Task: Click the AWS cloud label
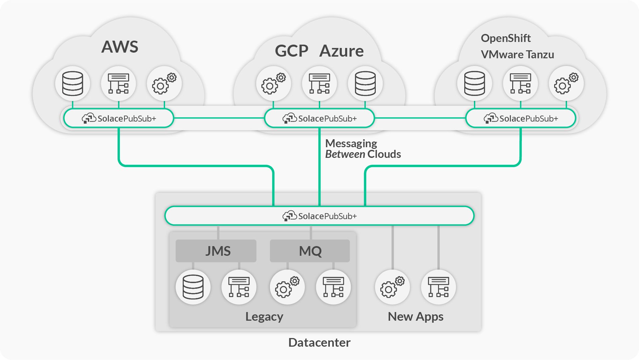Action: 119,47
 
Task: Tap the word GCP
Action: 292,51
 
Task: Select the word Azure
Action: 341,51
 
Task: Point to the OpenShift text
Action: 506,38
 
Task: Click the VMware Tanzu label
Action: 517,54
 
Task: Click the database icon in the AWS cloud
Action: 73,83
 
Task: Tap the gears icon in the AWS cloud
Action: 164,83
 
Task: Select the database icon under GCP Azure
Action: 365,83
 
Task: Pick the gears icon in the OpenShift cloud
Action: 566,83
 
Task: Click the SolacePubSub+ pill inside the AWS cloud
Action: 119,118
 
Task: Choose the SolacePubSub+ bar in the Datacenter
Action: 319,216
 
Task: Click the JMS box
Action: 216,251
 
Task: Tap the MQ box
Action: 310,251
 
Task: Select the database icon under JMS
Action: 193,287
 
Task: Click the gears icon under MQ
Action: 287,287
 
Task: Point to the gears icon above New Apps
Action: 392,287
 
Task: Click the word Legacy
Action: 264,316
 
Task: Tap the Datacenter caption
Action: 319,342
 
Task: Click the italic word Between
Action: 345,154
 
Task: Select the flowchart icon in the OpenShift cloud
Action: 520,83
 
